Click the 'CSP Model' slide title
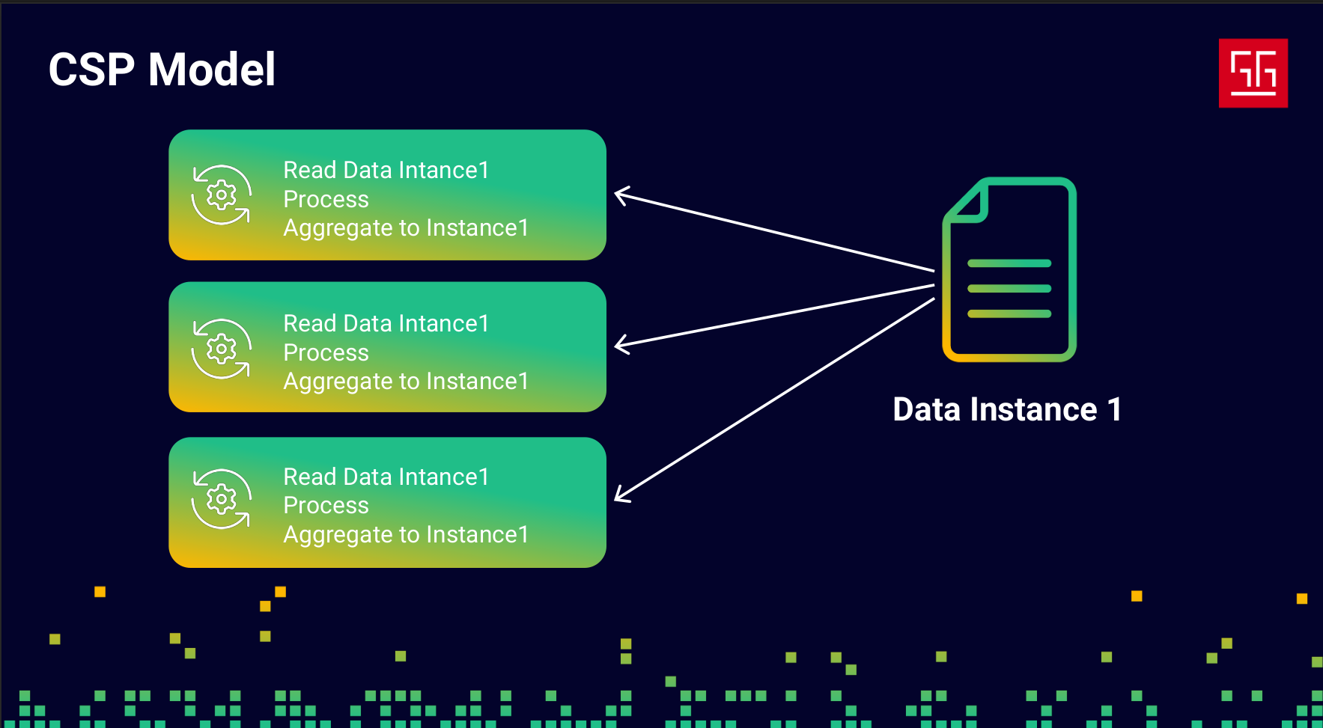[x=162, y=70]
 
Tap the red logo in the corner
[x=1253, y=73]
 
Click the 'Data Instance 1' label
[x=1007, y=409]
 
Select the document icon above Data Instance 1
[x=1009, y=269]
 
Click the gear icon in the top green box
[x=221, y=195]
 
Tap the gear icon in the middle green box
[x=221, y=349]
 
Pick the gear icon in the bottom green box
[x=221, y=499]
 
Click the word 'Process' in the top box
[x=326, y=200]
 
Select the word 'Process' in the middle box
[x=326, y=353]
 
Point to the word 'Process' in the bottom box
[x=326, y=506]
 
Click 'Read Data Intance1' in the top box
[x=386, y=170]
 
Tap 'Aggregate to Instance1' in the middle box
[x=406, y=382]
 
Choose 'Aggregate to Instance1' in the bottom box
[x=406, y=535]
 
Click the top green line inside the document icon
[x=1009, y=263]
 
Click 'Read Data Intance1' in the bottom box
[x=386, y=477]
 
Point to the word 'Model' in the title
[x=212, y=70]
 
